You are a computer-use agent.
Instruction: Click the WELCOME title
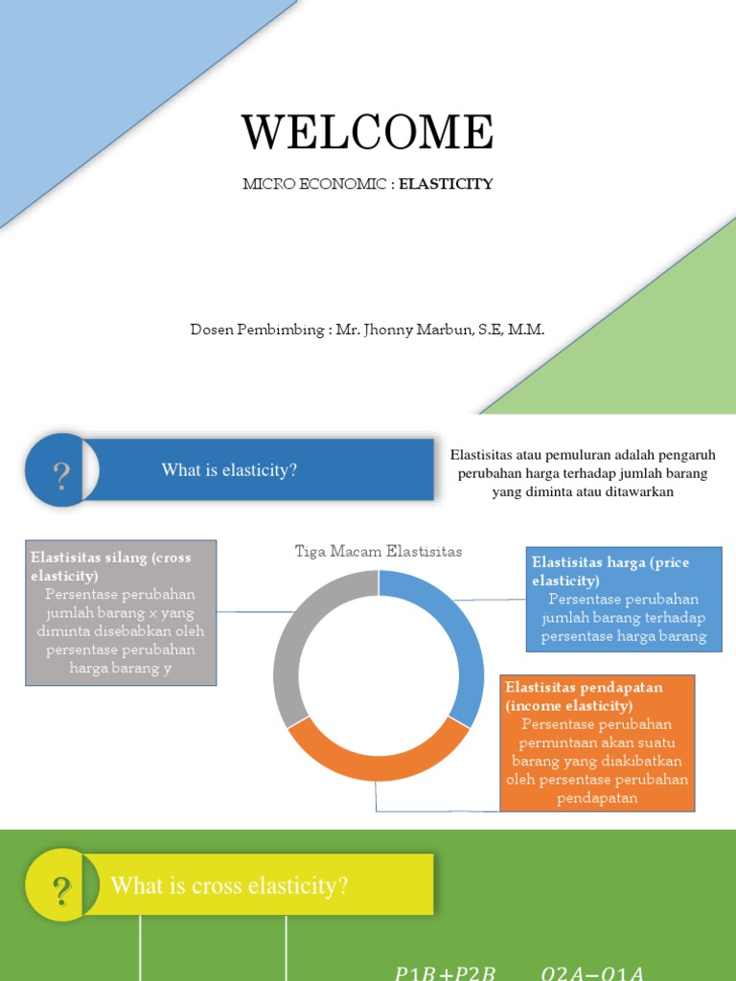pyautogui.click(x=367, y=132)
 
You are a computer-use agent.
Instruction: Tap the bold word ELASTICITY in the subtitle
pyautogui.click(x=446, y=184)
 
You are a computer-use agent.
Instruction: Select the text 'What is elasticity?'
pyautogui.click(x=229, y=470)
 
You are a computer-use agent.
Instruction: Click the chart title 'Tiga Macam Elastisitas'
pyautogui.click(x=379, y=552)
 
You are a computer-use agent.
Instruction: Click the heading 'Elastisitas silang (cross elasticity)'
pyautogui.click(x=111, y=566)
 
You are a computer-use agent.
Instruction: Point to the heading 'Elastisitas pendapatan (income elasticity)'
pyautogui.click(x=585, y=696)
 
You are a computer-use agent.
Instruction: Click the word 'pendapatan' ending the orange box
pyautogui.click(x=597, y=798)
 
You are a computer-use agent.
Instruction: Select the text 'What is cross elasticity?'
pyautogui.click(x=229, y=886)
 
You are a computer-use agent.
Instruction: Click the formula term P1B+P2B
pyautogui.click(x=447, y=973)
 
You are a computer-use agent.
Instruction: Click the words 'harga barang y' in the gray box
pyautogui.click(x=121, y=668)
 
